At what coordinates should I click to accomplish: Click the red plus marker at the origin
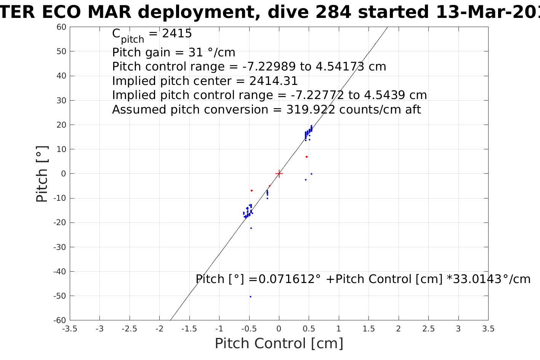click(279, 174)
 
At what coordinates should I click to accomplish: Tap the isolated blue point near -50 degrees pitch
click(250, 296)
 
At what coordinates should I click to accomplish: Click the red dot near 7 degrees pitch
click(306, 157)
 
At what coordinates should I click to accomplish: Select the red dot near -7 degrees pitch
click(252, 190)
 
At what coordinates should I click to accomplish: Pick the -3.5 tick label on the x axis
click(69, 329)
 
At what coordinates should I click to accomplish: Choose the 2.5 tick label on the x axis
click(428, 329)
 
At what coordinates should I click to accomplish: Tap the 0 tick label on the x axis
click(279, 329)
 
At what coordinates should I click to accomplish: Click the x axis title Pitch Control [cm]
click(279, 344)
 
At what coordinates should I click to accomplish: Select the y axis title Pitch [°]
click(42, 174)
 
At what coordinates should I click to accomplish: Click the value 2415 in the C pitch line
click(177, 34)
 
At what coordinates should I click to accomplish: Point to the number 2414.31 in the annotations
click(273, 81)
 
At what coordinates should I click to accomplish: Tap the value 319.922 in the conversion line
click(311, 110)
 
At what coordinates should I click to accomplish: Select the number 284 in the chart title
click(334, 13)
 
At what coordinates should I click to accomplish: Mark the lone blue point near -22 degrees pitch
click(251, 228)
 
